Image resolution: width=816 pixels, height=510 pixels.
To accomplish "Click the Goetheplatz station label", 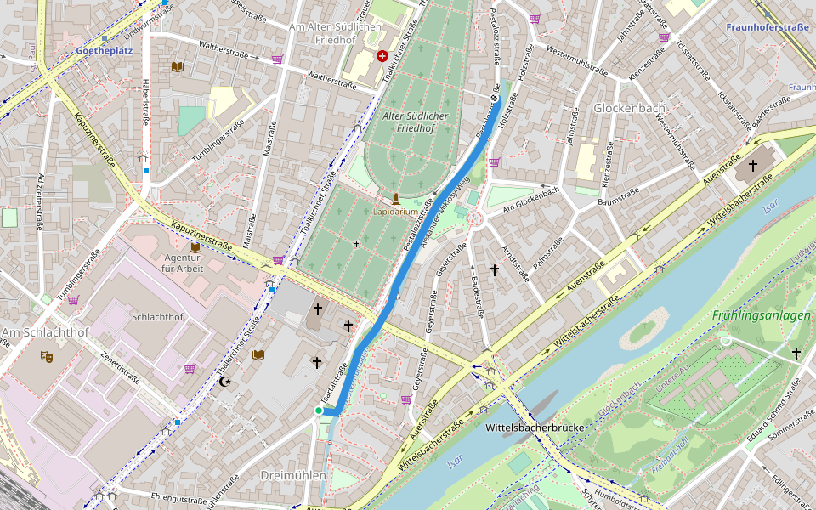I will pos(104,51).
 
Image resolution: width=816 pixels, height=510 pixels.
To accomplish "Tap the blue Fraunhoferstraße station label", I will pos(767,27).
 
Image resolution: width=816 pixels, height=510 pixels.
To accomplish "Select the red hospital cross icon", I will pos(382,56).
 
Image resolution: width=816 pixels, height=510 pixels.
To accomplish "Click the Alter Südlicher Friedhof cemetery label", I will pos(409,122).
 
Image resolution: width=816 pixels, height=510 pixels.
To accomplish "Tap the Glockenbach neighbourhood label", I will pos(629,109).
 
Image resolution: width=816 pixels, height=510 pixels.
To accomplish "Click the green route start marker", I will pos(319,411).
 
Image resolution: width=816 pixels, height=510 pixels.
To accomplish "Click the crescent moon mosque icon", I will pos(225,382).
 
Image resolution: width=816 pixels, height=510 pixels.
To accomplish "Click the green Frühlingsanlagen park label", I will pos(761,315).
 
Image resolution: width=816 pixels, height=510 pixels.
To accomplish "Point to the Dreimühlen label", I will pos(293,475).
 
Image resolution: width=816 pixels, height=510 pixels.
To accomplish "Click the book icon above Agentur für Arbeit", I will pos(195,247).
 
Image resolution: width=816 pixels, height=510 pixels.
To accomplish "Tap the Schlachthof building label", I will pos(157,317).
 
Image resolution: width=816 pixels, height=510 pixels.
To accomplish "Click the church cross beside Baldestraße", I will pos(494,269).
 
